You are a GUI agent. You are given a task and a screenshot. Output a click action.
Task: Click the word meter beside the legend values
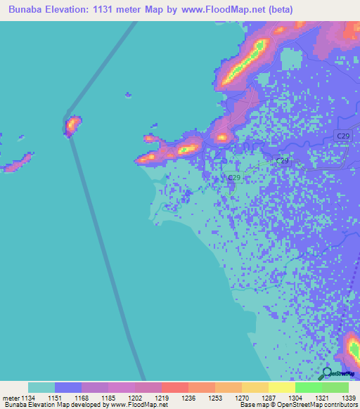point(10,398)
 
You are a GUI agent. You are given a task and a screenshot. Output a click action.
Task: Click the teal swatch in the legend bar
point(41,387)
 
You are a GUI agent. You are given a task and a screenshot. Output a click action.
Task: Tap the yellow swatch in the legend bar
point(255,387)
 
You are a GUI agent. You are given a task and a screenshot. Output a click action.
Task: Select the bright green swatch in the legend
point(309,387)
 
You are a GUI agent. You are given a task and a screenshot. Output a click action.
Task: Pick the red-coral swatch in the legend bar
point(175,387)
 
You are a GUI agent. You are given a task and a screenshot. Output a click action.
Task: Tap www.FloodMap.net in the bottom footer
point(133,405)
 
